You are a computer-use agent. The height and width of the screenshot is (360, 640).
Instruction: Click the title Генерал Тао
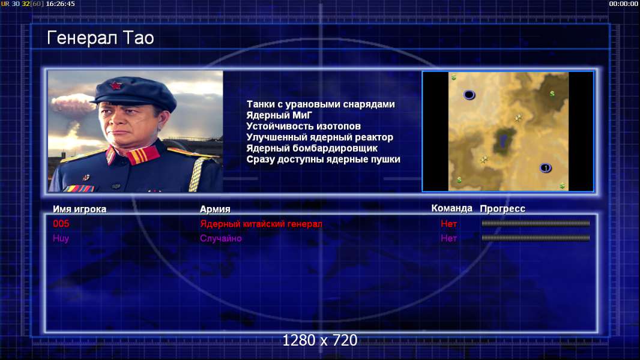pos(100,38)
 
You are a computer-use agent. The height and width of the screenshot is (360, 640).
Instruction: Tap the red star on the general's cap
pos(115,85)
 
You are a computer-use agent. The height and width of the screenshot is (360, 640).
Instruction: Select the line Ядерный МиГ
pos(279,115)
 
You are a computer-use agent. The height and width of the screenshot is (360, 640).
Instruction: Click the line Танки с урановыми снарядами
pos(321,104)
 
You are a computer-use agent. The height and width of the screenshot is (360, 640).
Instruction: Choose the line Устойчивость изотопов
pos(304,127)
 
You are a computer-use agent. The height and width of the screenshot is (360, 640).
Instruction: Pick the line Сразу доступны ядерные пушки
pos(323,160)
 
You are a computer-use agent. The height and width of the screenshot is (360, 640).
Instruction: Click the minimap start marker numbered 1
pos(545,168)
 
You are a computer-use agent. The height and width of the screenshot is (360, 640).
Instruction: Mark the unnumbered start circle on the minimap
pos(469,95)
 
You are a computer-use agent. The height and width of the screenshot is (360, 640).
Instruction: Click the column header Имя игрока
pos(80,209)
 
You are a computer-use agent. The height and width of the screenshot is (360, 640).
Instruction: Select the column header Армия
pos(215,209)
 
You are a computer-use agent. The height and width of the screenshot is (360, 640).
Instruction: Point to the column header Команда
pos(452,208)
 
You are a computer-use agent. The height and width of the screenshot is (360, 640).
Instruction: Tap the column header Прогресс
pos(503,209)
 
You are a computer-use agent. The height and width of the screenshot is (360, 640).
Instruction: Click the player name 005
pos(61,223)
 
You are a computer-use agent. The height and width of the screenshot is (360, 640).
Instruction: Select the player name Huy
pos(61,239)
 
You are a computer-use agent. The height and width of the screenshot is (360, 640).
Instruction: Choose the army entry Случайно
pos(221,239)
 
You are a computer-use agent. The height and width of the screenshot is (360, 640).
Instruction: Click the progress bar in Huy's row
pos(536,238)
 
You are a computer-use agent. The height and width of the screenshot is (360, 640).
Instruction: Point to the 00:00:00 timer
pos(623,4)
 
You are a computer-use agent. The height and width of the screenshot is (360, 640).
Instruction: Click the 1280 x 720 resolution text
pos(320,340)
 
